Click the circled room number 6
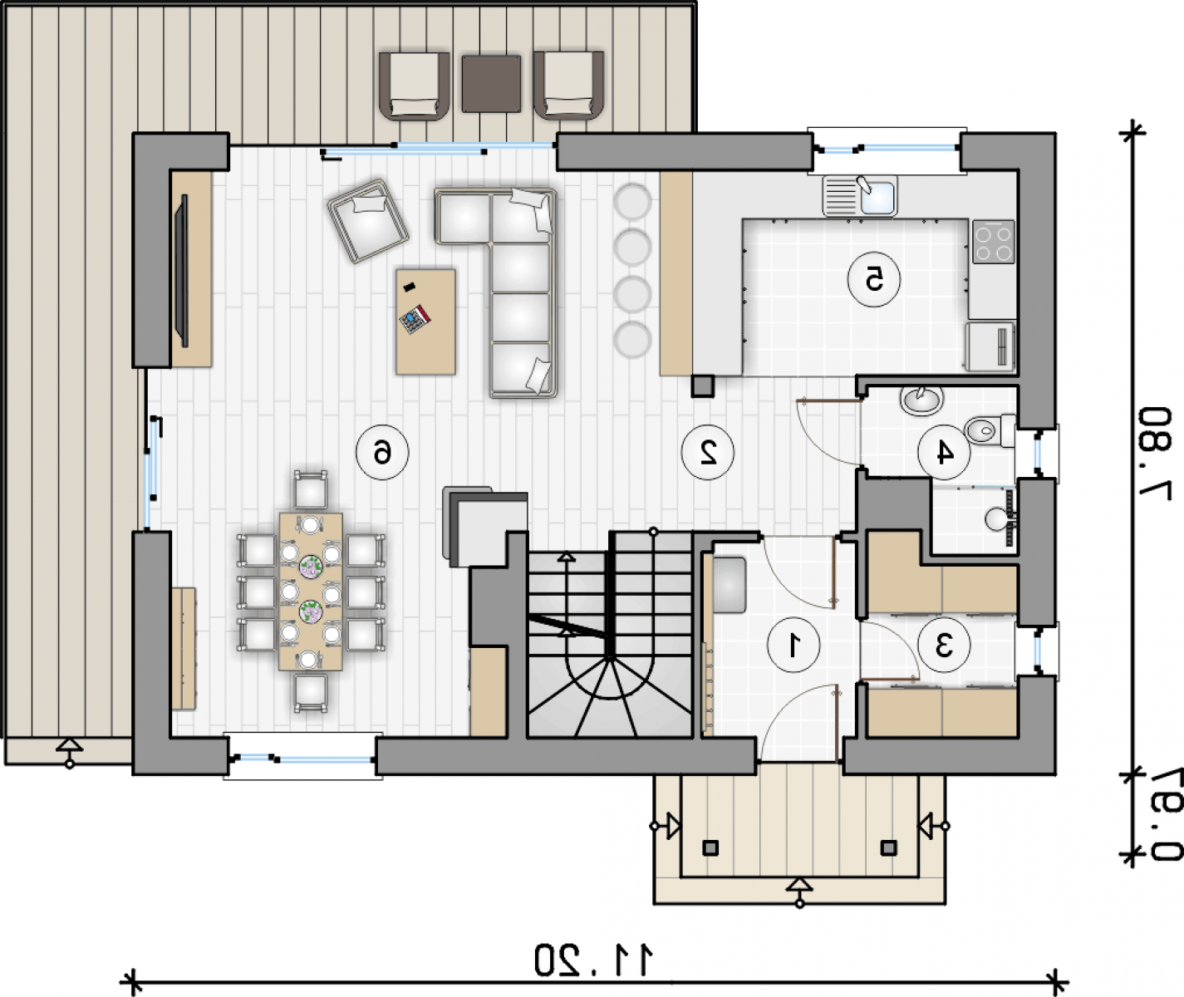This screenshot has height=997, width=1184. click(382, 453)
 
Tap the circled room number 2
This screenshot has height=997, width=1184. click(708, 452)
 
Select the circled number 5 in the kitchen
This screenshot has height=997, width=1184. click(874, 280)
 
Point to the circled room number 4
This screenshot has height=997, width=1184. click(944, 452)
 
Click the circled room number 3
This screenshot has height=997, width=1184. click(944, 645)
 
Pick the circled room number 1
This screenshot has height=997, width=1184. click(793, 645)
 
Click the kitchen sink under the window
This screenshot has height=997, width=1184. click(860, 195)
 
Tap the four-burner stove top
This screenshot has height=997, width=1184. click(994, 242)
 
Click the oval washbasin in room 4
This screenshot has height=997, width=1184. click(922, 400)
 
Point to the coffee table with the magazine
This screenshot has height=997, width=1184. click(425, 322)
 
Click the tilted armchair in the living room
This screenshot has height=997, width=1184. click(368, 221)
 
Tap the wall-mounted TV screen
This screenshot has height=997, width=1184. click(181, 271)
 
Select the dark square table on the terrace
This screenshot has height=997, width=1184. click(491, 83)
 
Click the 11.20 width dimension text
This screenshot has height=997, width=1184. click(593, 960)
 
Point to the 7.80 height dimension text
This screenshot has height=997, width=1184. click(1155, 453)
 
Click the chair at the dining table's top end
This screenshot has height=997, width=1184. click(311, 490)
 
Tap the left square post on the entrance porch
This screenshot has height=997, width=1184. click(710, 848)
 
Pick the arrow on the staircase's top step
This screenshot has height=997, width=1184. click(566, 556)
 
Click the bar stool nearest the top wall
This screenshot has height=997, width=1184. click(632, 201)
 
